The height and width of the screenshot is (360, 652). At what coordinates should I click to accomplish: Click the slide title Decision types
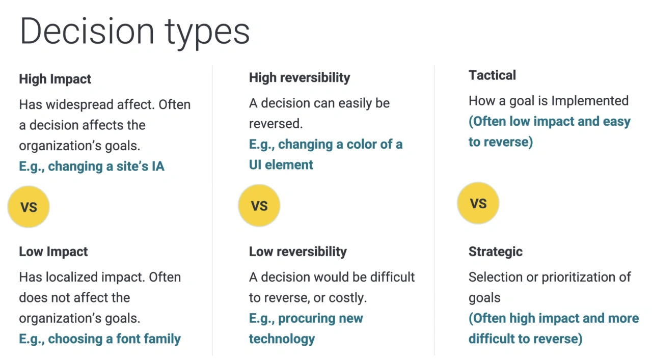(134, 32)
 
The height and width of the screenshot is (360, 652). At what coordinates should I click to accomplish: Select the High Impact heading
(55, 79)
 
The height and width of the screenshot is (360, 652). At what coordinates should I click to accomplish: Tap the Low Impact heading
(53, 252)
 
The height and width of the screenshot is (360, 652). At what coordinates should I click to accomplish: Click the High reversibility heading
(300, 78)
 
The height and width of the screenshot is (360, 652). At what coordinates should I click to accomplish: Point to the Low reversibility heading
(298, 252)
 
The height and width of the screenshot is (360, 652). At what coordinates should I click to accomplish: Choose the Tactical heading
(492, 75)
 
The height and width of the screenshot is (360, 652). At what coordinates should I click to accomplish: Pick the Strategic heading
(496, 252)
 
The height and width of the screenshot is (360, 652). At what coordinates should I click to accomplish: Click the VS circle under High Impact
(29, 207)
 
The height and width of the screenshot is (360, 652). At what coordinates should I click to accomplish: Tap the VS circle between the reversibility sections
(259, 206)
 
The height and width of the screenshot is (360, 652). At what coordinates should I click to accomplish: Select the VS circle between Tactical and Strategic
(478, 204)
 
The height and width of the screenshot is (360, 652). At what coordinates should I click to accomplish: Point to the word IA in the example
(158, 167)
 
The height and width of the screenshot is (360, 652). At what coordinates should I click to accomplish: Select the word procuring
(306, 319)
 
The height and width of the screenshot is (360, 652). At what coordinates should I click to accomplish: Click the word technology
(282, 339)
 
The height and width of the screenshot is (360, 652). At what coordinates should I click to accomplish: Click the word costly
(349, 298)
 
